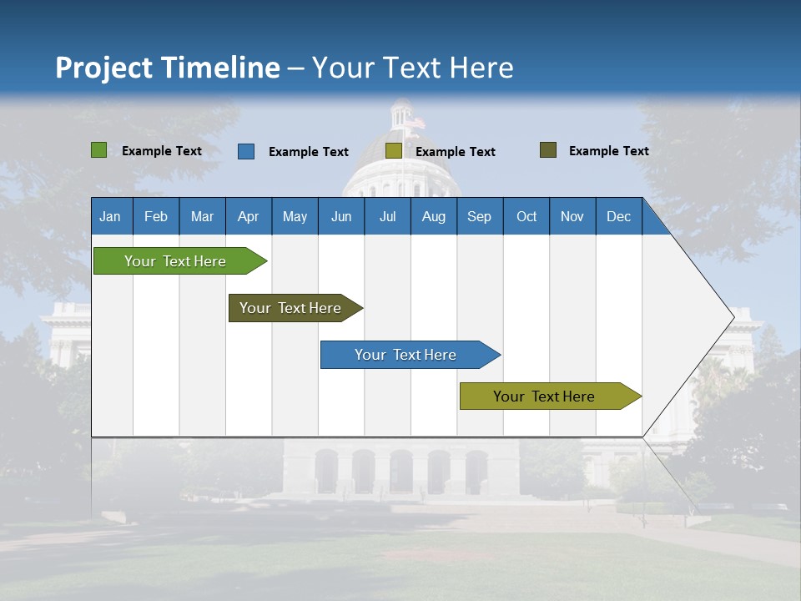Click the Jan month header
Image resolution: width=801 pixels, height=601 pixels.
pos(111,216)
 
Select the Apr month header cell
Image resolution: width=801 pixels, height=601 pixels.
pos(249,216)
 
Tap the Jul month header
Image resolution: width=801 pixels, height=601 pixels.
pos(387,216)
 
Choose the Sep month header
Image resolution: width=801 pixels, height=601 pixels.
pos(479,216)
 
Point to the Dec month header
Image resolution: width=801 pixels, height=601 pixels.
pos(618,216)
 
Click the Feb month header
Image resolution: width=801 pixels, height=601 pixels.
pos(156,216)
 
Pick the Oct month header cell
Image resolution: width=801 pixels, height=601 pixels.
pos(526,216)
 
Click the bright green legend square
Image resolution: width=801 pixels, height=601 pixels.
pos(99,150)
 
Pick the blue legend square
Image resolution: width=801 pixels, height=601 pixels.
pos(246,151)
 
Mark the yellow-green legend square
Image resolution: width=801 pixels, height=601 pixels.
pos(394,151)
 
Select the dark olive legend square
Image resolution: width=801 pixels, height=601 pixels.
pos(548,150)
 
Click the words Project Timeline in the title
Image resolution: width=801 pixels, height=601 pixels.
pos(168,68)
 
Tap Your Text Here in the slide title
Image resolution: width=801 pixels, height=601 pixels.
pos(413,68)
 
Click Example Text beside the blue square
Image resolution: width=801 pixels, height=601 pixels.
pos(308,152)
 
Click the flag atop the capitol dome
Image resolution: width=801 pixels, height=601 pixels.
pos(415,123)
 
